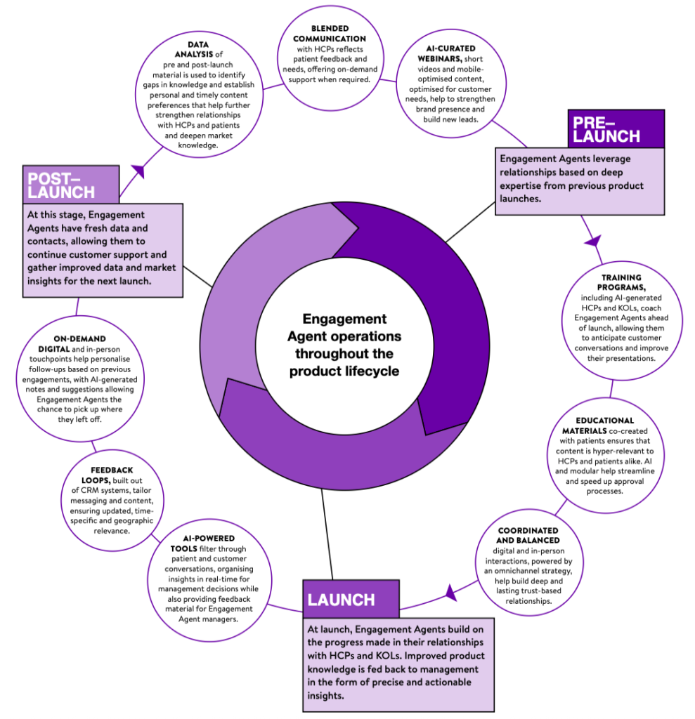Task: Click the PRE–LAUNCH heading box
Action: [x=615, y=128]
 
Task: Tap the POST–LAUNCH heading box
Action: [x=64, y=184]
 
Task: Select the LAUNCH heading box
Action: [x=349, y=600]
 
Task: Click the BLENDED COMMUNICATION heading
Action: [x=329, y=33]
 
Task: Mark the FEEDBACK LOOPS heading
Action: [x=112, y=474]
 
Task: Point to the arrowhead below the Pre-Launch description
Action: [x=592, y=240]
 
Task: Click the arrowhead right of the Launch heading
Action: [x=450, y=595]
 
